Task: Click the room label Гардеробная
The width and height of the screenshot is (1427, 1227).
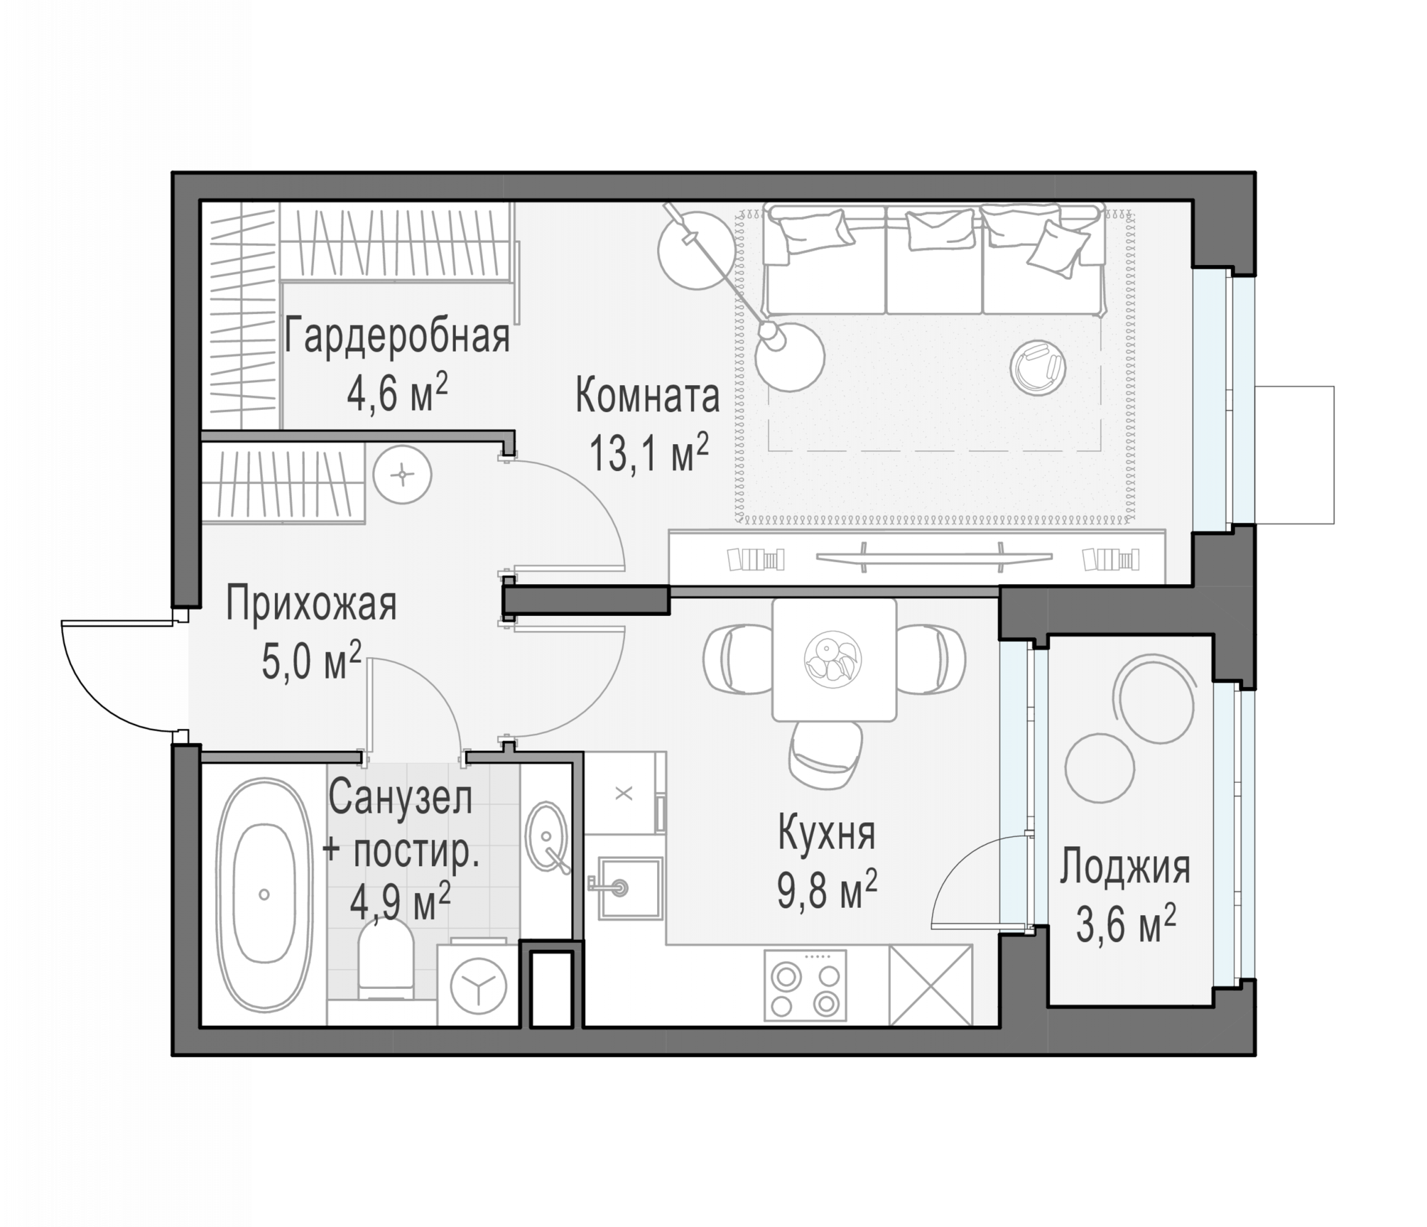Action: point(397,337)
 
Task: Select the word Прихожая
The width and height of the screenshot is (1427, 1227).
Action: point(311,604)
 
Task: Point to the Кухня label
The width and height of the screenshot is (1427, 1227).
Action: point(826,833)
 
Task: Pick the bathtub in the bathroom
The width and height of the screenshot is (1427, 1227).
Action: point(264,895)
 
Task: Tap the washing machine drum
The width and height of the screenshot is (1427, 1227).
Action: point(479,986)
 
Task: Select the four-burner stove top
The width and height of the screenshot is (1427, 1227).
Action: point(805,985)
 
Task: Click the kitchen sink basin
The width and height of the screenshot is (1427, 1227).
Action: point(629,888)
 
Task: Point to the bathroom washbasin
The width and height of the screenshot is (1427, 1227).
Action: point(547,837)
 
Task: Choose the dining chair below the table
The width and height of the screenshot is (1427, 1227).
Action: point(825,754)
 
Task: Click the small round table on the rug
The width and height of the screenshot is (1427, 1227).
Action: point(1038,367)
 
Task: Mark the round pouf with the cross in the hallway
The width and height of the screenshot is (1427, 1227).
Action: point(402,474)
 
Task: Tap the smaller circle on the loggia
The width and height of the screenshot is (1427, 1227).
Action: point(1099,767)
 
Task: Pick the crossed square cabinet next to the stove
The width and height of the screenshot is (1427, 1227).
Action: point(931,985)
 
